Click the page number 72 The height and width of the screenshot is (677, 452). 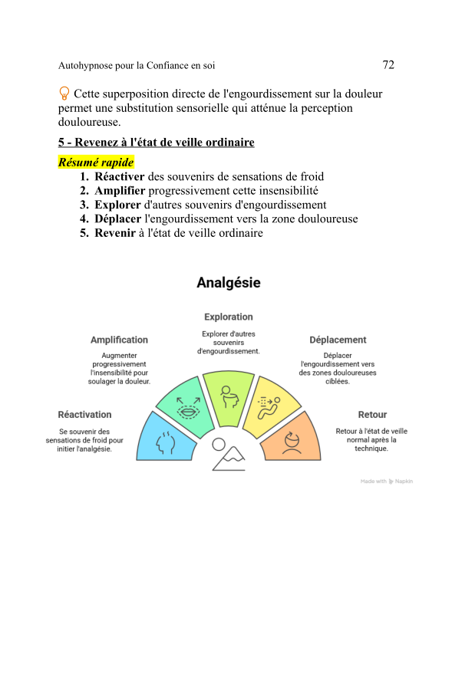click(x=388, y=65)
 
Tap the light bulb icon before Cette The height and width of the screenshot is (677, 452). click(x=64, y=94)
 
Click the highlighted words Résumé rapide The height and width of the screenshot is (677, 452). click(x=96, y=163)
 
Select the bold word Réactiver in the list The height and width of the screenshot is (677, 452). click(x=120, y=177)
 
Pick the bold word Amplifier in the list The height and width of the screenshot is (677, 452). click(x=120, y=191)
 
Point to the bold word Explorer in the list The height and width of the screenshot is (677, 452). click(x=118, y=205)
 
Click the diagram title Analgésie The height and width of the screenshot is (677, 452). click(x=229, y=283)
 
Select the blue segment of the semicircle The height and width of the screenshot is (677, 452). click(x=167, y=439)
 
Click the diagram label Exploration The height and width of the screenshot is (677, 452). click(x=228, y=317)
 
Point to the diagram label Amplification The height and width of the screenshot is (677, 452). click(x=119, y=340)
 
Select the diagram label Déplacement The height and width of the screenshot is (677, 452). click(x=338, y=340)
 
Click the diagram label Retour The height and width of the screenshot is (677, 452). click(x=372, y=415)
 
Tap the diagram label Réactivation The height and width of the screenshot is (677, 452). click(x=84, y=415)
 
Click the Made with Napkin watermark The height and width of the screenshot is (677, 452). click(x=387, y=481)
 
